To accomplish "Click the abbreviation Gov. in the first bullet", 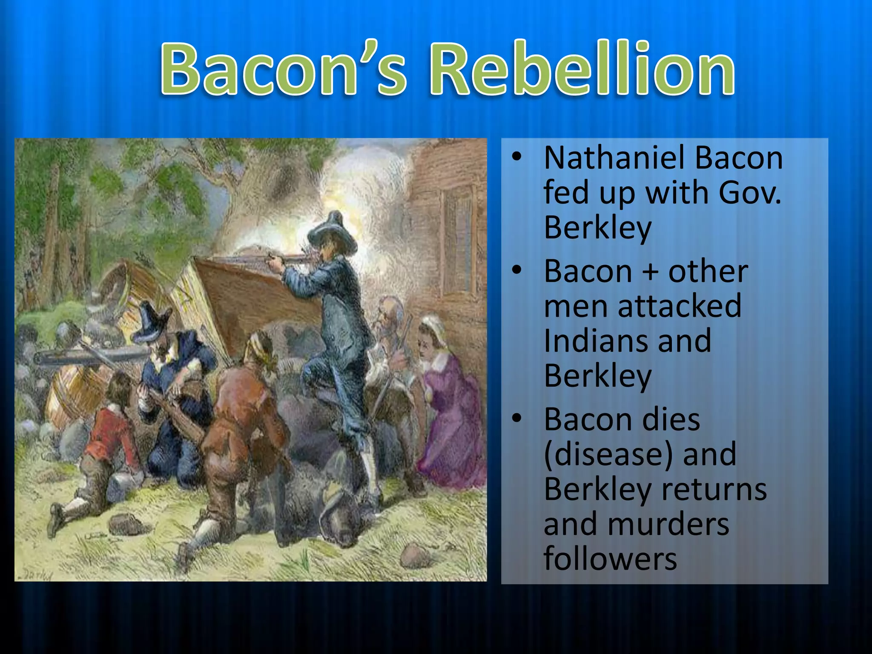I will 750,192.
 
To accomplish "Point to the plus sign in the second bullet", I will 650,271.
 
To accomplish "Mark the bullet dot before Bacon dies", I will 516,418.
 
